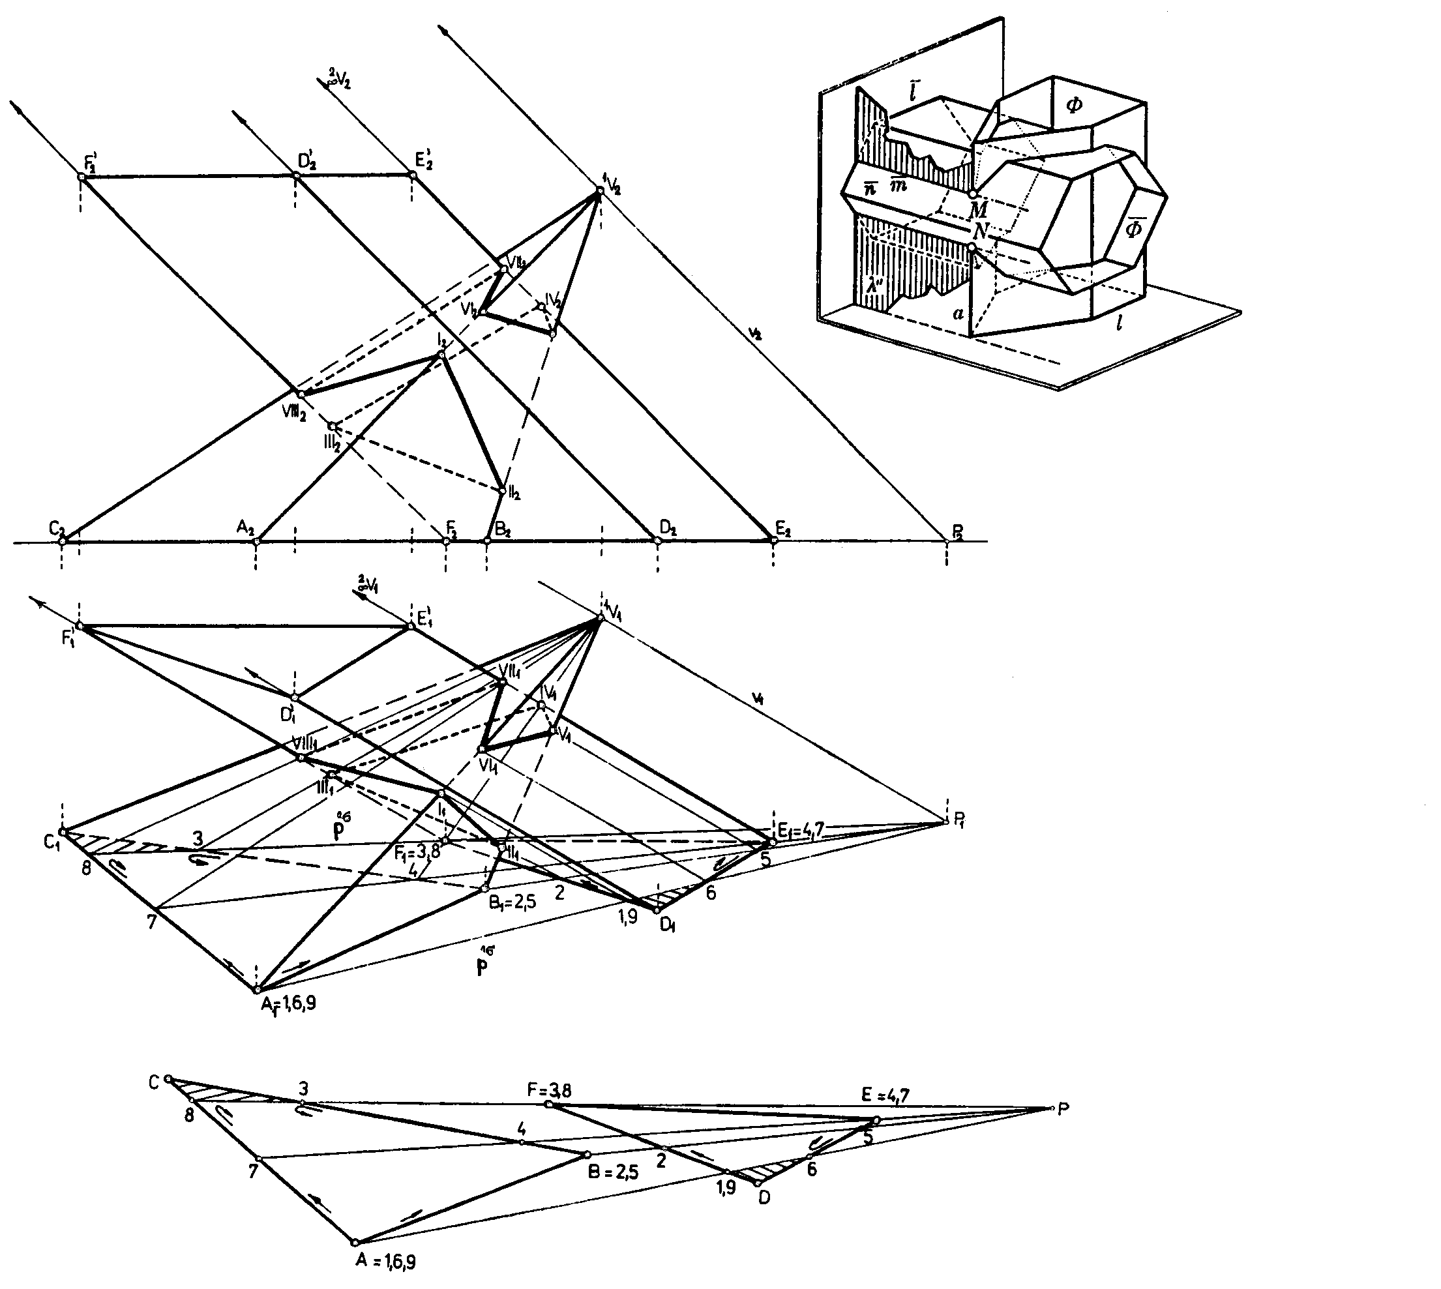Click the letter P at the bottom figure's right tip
click(1062, 1110)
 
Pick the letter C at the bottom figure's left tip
click(154, 1082)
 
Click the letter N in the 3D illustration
click(979, 231)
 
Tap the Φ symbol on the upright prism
click(1073, 105)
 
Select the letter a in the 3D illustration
click(958, 312)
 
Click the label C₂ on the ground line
click(57, 527)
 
